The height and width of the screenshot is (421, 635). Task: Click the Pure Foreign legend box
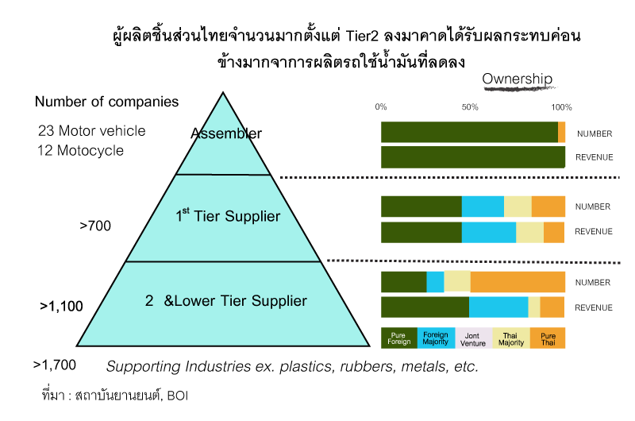(399, 338)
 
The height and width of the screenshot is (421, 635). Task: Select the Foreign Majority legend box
(436, 338)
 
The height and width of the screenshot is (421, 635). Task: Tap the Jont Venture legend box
(473, 338)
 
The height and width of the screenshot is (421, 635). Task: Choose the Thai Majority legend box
(511, 338)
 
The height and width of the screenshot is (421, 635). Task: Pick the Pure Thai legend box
(548, 338)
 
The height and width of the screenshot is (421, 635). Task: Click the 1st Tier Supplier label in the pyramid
(228, 215)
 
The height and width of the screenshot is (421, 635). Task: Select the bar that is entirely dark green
(473, 157)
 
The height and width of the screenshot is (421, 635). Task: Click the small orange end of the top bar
(562, 132)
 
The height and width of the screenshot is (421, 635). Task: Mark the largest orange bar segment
(518, 282)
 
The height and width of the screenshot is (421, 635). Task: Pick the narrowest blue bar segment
(435, 282)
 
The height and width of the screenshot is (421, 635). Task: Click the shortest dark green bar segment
(403, 282)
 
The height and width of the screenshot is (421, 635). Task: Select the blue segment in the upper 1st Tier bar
(483, 207)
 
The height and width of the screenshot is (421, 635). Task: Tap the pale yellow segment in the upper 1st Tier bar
(518, 207)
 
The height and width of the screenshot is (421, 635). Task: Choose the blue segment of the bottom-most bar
(498, 307)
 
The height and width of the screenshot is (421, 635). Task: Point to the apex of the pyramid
(223, 96)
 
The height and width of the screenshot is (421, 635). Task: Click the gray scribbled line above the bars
(520, 89)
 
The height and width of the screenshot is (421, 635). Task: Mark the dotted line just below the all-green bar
(452, 177)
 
